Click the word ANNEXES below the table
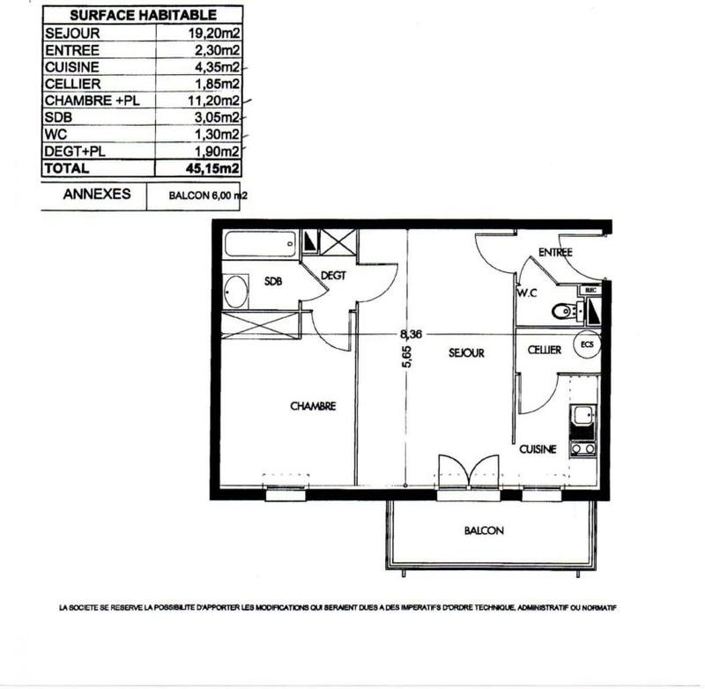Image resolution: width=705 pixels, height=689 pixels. click(97, 195)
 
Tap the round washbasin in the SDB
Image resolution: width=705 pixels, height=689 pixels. click(236, 290)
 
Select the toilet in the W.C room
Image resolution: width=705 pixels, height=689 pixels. click(561, 310)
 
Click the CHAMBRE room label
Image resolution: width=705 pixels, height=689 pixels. click(312, 406)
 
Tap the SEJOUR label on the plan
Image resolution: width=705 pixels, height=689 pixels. click(466, 352)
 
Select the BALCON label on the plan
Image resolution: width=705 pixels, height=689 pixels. click(484, 531)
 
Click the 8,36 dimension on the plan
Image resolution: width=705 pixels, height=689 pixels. click(410, 334)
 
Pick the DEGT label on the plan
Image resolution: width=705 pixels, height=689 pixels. click(333, 276)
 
